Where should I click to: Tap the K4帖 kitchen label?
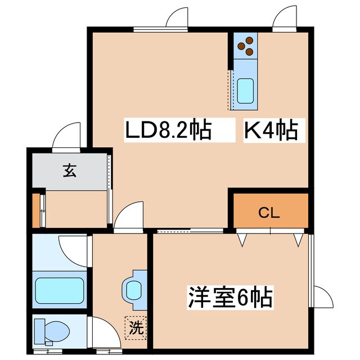[x=270, y=131]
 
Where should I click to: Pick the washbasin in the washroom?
[x=134, y=290]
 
